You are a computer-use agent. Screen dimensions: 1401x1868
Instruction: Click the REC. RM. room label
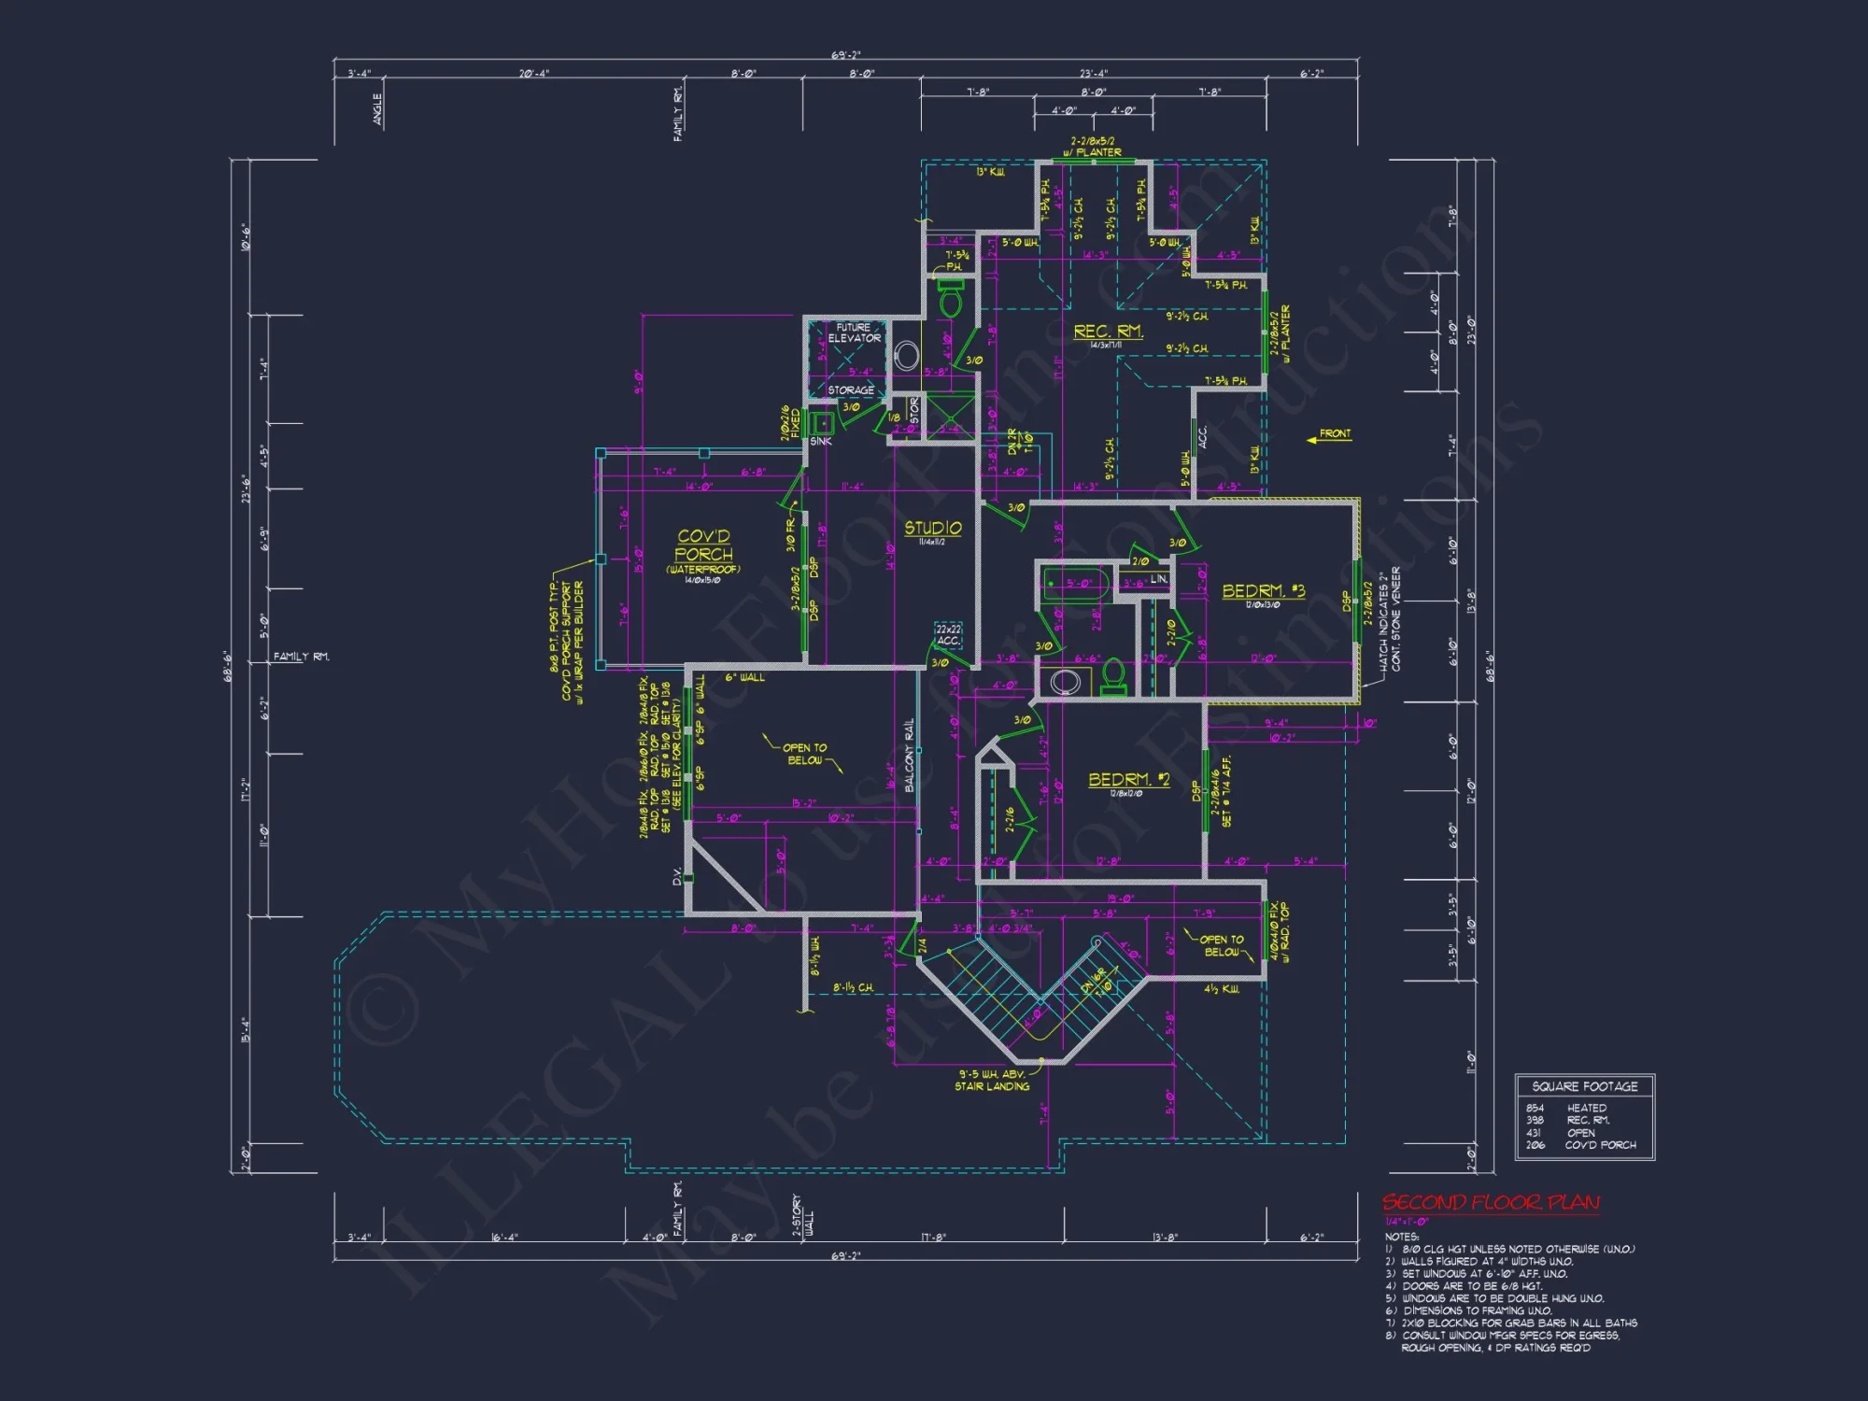(x=1108, y=332)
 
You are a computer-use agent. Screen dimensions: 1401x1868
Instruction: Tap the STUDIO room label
(x=932, y=529)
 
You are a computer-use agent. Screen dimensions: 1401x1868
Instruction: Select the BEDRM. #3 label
(x=1263, y=590)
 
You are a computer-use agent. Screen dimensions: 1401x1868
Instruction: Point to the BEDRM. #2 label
(x=1128, y=779)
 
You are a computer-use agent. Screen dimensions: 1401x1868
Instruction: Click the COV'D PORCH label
(x=703, y=545)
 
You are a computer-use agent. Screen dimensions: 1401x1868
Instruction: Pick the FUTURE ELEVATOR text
(x=854, y=333)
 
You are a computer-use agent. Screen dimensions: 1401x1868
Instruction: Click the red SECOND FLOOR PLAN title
(x=1491, y=1202)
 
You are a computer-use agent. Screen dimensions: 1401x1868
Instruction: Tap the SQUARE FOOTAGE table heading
(x=1584, y=1086)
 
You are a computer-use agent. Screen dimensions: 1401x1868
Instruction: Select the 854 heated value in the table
(x=1535, y=1108)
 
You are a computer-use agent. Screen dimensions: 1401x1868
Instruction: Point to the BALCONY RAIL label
(x=909, y=755)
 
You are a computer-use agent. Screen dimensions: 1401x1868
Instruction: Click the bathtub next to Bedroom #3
(x=1075, y=585)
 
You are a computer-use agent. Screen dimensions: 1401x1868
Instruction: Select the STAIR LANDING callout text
(x=992, y=1086)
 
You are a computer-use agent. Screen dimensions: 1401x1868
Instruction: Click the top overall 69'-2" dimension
(x=845, y=56)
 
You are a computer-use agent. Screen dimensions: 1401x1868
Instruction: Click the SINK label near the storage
(x=820, y=442)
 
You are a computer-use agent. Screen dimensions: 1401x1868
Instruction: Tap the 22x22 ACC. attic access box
(x=948, y=635)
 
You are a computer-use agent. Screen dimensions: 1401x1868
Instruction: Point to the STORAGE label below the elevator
(x=850, y=390)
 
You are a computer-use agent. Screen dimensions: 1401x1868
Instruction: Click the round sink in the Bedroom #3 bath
(x=1065, y=682)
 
